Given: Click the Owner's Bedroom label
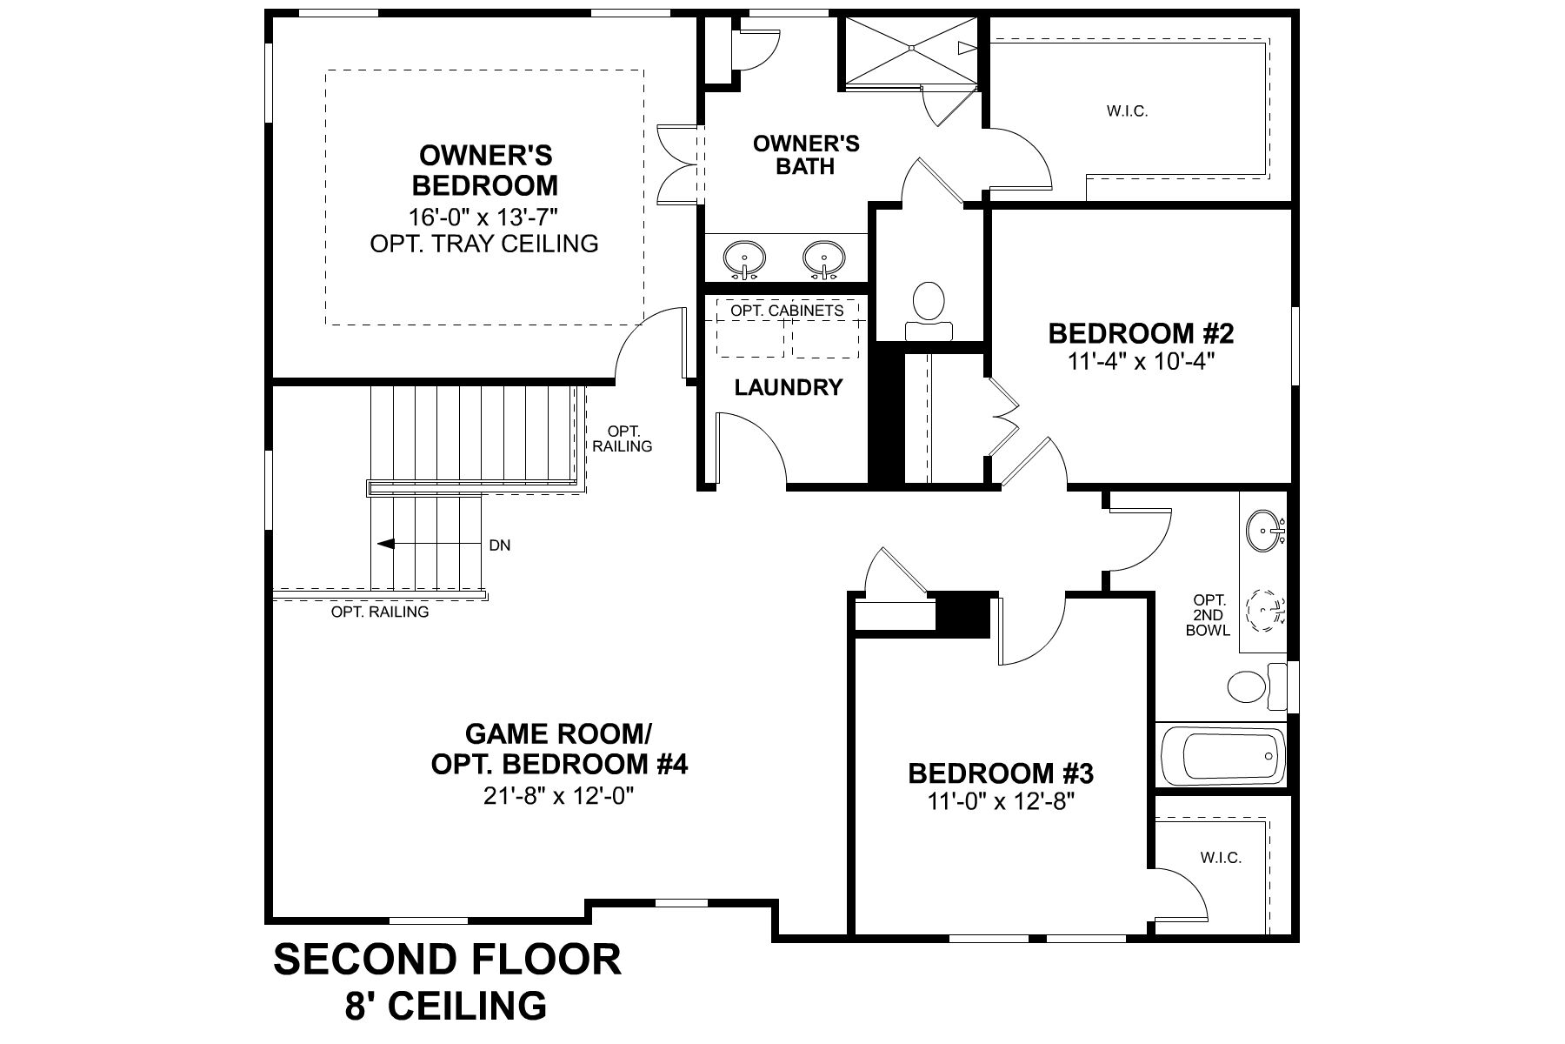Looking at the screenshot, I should (x=485, y=171).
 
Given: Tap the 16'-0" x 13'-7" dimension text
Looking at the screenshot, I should (x=484, y=217).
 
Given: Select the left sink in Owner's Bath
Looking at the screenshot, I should (x=744, y=258).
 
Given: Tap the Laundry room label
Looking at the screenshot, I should (x=789, y=387).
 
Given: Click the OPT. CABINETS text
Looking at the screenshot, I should (x=787, y=311).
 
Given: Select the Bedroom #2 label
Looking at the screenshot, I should (x=1141, y=333).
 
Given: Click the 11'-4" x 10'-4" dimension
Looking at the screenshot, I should (x=1141, y=361).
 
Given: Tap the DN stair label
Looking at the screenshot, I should (x=500, y=545).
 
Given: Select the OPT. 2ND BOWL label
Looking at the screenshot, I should (x=1209, y=615).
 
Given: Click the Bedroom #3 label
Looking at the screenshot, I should (x=1000, y=773).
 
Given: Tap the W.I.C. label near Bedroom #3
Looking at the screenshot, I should (x=1221, y=858).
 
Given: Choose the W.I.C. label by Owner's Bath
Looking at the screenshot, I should (x=1128, y=111).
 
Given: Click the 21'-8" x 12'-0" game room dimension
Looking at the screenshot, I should (x=559, y=796).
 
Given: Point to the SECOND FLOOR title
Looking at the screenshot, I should (x=448, y=960).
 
